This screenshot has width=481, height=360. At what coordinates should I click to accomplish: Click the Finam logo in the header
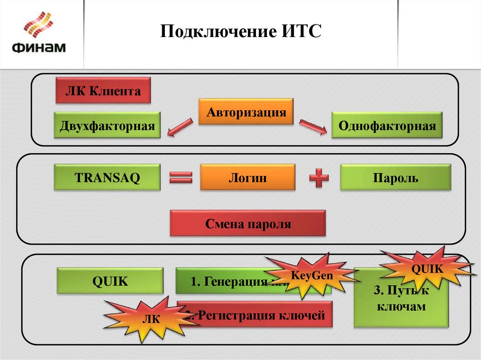[39, 34]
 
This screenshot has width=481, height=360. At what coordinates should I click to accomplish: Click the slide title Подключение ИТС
[240, 32]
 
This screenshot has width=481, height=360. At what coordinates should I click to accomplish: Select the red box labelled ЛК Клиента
[103, 91]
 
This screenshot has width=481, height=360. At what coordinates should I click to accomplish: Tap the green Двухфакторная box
[107, 125]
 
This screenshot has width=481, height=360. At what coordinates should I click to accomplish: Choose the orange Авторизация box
[246, 112]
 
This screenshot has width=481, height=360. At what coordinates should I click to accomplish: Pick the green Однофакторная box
[387, 125]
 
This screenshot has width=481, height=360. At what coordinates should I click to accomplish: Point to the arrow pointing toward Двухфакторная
[179, 127]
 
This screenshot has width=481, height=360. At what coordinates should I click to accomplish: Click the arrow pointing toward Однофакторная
[313, 127]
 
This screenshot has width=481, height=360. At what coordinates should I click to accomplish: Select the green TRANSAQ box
[107, 177]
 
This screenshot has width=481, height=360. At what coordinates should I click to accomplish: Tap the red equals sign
[181, 178]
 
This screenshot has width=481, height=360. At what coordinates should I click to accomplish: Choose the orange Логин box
[248, 177]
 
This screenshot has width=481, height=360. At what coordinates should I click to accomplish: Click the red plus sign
[319, 178]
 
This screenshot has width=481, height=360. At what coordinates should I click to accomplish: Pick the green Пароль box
[396, 177]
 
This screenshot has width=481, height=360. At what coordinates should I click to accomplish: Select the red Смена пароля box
[248, 223]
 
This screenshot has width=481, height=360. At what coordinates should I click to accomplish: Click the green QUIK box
[110, 281]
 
